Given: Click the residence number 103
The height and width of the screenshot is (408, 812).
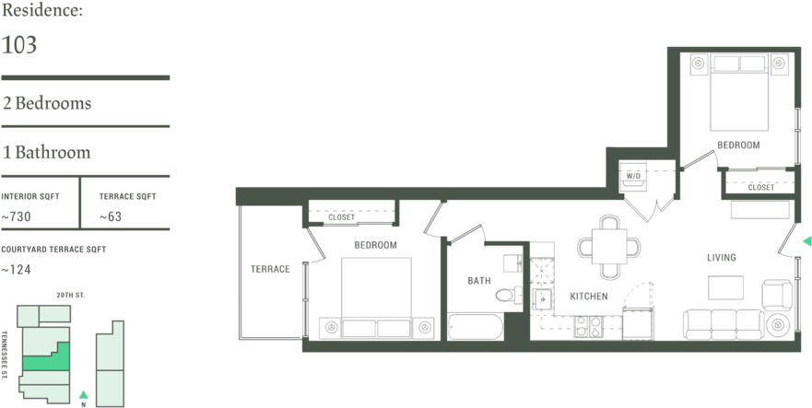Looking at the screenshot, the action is point(19,45).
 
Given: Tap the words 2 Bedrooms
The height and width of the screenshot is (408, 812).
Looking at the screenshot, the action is point(47,103).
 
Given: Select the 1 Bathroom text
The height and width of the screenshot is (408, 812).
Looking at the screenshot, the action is point(47,152).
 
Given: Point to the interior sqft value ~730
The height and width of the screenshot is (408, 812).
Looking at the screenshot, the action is point(16,217).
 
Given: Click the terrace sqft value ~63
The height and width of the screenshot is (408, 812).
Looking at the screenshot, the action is point(111,217).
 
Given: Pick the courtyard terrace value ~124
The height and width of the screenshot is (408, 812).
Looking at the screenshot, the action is point(16,270).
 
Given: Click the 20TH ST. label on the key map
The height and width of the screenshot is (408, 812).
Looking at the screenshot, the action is point(71,295).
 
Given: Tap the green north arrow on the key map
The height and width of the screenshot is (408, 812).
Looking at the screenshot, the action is point(83,394).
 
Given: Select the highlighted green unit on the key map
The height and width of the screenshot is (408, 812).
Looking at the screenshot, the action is point(46,358).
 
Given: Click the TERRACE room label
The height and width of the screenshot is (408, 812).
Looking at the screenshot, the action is point(270,269).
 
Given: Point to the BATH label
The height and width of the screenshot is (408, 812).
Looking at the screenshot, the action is point(479,281).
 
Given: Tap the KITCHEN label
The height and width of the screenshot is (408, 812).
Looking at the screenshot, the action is point(589,297).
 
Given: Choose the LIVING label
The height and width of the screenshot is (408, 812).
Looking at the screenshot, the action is point(722,257).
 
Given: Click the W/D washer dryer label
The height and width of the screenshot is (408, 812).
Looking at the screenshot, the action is point(633,176).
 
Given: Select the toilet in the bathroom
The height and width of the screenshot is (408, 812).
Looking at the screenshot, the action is point(507,295).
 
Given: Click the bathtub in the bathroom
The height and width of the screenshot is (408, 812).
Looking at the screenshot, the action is point(476,326).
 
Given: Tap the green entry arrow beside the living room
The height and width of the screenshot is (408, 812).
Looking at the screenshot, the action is point(806,240).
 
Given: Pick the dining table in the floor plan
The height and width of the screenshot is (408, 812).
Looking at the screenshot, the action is point(609,247).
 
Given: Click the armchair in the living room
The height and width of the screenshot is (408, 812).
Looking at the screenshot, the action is point(777,295).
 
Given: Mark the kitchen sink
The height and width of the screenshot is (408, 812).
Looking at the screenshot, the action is point(543,299).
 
